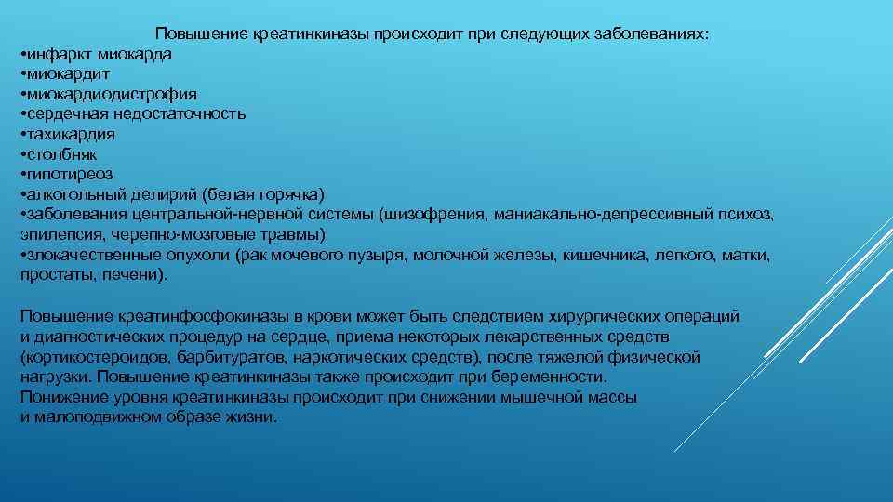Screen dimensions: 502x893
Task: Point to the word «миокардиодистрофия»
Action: [111, 94]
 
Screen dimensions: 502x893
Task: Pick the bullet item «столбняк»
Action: [60, 153]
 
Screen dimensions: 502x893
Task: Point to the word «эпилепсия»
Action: [57, 233]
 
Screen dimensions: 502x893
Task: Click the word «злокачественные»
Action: [83, 254]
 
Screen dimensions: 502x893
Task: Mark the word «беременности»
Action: [554, 377]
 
